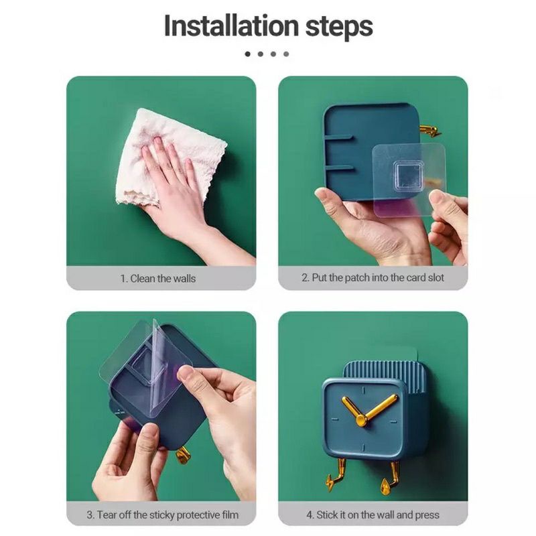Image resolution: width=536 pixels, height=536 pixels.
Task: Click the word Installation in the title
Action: pos(231,25)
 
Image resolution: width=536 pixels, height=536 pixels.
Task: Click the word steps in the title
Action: pos(339,27)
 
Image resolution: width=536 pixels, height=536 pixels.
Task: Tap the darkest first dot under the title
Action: pos(248,54)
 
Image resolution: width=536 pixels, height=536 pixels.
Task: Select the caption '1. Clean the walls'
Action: pos(158,279)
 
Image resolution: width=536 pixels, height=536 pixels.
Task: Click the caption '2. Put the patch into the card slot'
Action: pos(373,277)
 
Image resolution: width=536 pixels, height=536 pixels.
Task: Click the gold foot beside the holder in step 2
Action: pos(429,131)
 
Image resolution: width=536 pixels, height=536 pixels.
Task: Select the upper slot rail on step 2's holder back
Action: pos(338,138)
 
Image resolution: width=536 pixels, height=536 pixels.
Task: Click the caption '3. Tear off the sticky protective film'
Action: pos(163,515)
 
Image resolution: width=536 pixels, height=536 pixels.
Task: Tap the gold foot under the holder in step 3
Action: pos(182,456)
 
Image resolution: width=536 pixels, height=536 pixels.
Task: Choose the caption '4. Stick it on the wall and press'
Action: pos(373,515)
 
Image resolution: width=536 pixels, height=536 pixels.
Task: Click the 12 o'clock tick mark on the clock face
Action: pos(363,390)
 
